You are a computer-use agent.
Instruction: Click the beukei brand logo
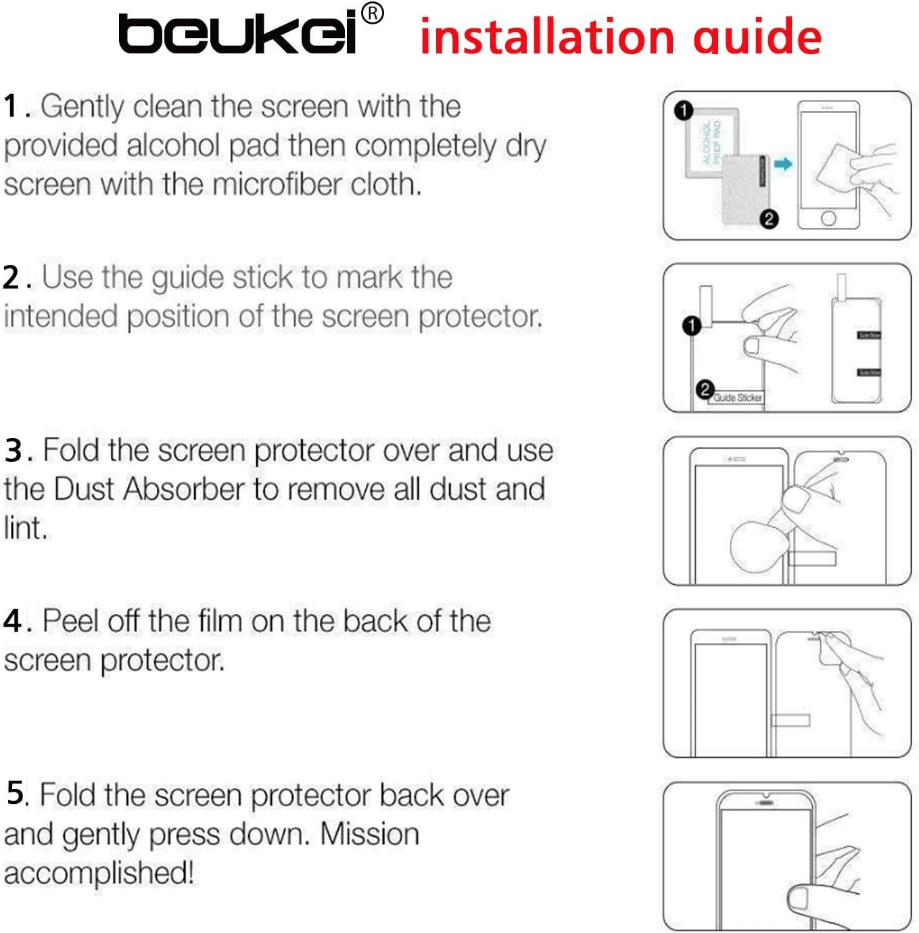point(237,34)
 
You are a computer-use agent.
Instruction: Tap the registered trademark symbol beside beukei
point(373,14)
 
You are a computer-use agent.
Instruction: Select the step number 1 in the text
point(11,107)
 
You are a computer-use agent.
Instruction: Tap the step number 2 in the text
point(11,278)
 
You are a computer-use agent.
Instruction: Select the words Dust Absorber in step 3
point(149,489)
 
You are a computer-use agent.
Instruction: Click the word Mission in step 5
point(369,834)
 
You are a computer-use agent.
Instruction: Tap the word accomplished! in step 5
point(99,873)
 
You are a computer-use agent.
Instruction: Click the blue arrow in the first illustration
point(783,164)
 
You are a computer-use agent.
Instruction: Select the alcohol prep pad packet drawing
point(711,142)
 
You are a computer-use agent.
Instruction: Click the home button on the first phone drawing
point(828,218)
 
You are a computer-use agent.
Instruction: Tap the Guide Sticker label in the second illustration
point(738,398)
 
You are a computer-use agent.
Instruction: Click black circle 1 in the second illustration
point(691,326)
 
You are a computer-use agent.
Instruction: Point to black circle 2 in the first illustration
point(769,219)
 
